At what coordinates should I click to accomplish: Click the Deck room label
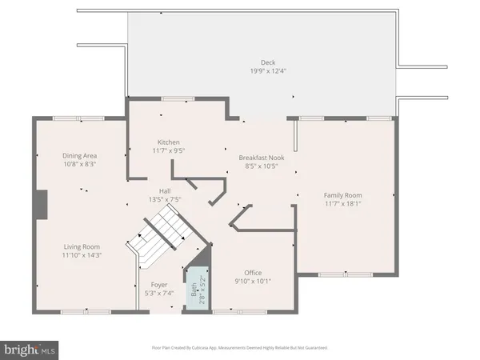tap(267, 62)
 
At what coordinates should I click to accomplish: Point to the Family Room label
tap(343, 195)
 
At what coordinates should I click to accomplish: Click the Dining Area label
tap(80, 155)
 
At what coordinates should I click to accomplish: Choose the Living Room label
tap(81, 246)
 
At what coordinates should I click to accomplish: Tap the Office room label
tap(253, 273)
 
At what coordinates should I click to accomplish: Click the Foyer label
tap(159, 285)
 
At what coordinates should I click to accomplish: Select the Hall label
tap(164, 190)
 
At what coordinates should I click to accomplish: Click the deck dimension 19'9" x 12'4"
tap(267, 70)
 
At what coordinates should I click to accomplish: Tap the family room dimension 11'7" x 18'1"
tap(343, 204)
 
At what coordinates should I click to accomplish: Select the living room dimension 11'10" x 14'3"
tap(81, 255)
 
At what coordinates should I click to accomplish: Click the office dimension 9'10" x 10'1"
tap(253, 282)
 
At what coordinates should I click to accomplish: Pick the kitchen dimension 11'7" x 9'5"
tap(168, 150)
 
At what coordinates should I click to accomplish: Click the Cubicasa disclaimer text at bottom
tap(240, 348)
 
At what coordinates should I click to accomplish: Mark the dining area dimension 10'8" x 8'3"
tap(80, 164)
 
